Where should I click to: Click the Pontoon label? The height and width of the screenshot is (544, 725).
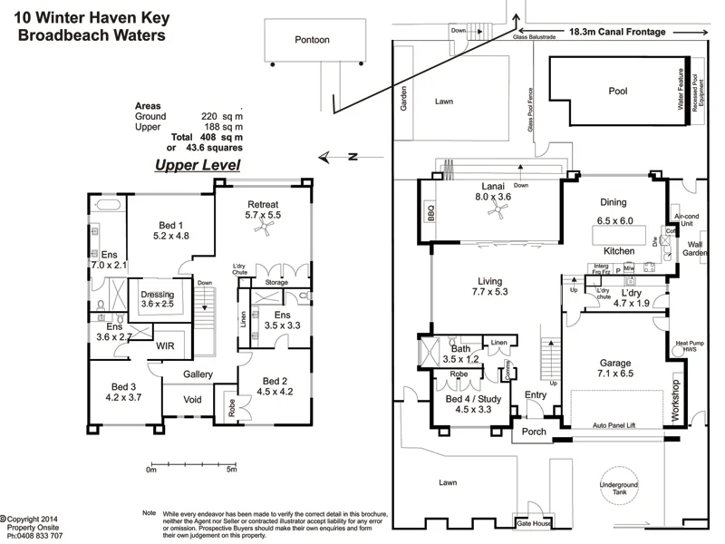tap(312, 40)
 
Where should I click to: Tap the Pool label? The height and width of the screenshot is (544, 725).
tap(617, 91)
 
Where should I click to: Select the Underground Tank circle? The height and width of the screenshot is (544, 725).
tap(624, 491)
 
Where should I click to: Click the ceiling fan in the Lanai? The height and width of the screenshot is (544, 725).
tap(495, 211)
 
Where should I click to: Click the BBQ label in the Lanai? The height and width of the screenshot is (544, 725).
tap(431, 214)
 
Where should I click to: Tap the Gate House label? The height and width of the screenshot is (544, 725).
tap(534, 525)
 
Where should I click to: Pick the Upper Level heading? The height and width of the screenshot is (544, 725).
tap(197, 165)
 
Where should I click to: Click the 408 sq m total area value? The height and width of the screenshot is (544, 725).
tap(221, 137)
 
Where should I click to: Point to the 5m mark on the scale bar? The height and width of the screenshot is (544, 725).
tap(231, 470)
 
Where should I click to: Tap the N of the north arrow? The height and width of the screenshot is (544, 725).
tap(355, 157)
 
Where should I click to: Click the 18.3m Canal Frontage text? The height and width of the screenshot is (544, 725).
tap(617, 32)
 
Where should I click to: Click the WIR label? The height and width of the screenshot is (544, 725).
tap(167, 345)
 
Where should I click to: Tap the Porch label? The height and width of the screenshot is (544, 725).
tap(535, 432)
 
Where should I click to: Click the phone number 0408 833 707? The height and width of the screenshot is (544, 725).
tap(34, 536)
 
